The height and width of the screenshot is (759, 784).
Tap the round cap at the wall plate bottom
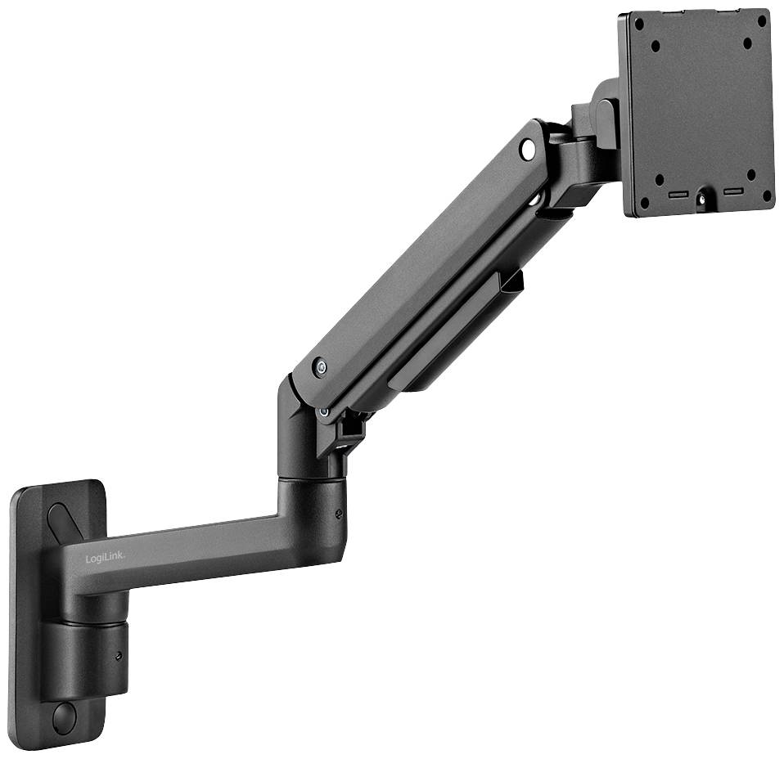[63, 717]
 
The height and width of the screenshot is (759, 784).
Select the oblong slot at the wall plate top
[62, 517]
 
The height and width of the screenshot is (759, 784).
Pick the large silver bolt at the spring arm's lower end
[320, 367]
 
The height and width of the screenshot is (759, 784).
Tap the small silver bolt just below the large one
[325, 411]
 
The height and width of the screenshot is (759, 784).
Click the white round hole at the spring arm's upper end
[527, 149]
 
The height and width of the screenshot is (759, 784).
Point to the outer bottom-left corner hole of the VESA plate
[644, 201]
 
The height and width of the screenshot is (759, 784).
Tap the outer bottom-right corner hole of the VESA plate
[766, 195]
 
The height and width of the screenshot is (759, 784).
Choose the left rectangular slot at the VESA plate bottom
[678, 195]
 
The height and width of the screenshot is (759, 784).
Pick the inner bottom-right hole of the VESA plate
[750, 173]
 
